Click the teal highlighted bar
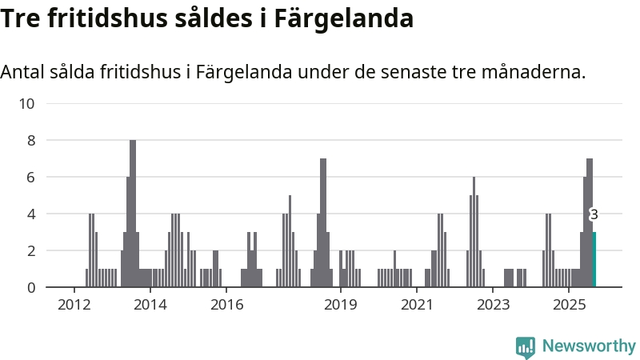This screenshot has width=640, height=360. [x=594, y=259]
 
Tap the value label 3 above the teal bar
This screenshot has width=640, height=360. [x=594, y=214]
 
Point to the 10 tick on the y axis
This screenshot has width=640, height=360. [x=26, y=103]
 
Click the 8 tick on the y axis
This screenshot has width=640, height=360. [x=30, y=140]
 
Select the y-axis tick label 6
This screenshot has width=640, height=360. [x=30, y=177]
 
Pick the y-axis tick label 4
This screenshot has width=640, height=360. [x=30, y=214]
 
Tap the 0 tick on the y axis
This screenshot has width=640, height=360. [x=30, y=287]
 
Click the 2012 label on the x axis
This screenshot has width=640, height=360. [x=74, y=306]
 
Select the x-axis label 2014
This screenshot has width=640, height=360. [x=150, y=306]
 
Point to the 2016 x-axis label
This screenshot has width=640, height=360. [x=226, y=306]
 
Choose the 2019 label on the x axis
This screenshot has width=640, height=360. [x=341, y=306]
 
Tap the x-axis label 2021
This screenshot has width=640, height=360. [x=417, y=306]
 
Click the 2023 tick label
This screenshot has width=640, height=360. [x=494, y=306]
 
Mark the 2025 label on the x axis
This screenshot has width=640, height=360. [x=570, y=306]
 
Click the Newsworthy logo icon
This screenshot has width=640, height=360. [x=526, y=346]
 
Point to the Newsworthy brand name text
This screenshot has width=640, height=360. [x=589, y=346]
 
